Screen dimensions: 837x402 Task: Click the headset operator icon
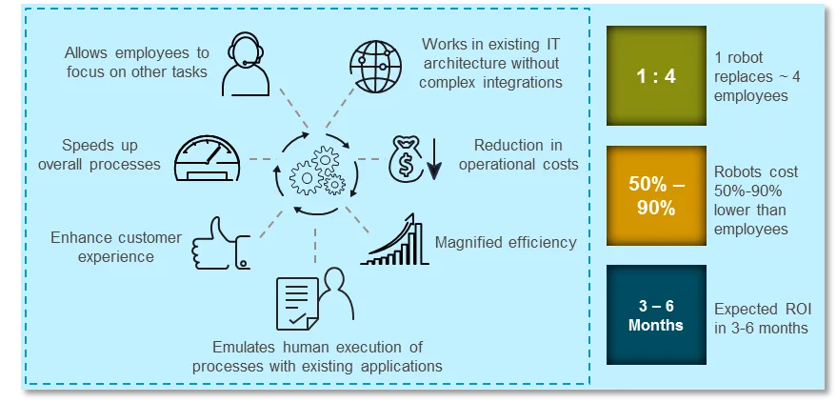[x=246, y=64]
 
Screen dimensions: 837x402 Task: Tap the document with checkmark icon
[x=297, y=303]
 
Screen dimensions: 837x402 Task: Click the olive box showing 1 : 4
[x=656, y=76]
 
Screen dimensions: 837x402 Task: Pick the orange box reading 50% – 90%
[x=656, y=195]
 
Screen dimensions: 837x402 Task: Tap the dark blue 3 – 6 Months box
[x=656, y=315]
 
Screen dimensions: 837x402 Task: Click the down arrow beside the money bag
[x=434, y=159]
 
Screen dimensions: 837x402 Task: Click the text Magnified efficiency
[x=506, y=242]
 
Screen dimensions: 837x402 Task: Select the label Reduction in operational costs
[x=518, y=154]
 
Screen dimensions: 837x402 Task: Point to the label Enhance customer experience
[x=116, y=247]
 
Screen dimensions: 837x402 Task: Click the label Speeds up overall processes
[x=99, y=154]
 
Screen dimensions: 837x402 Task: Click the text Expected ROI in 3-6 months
[x=761, y=318]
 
